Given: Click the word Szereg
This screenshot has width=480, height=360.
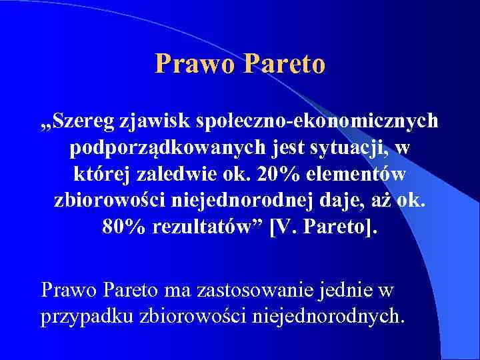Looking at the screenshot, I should [x=87, y=121].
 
